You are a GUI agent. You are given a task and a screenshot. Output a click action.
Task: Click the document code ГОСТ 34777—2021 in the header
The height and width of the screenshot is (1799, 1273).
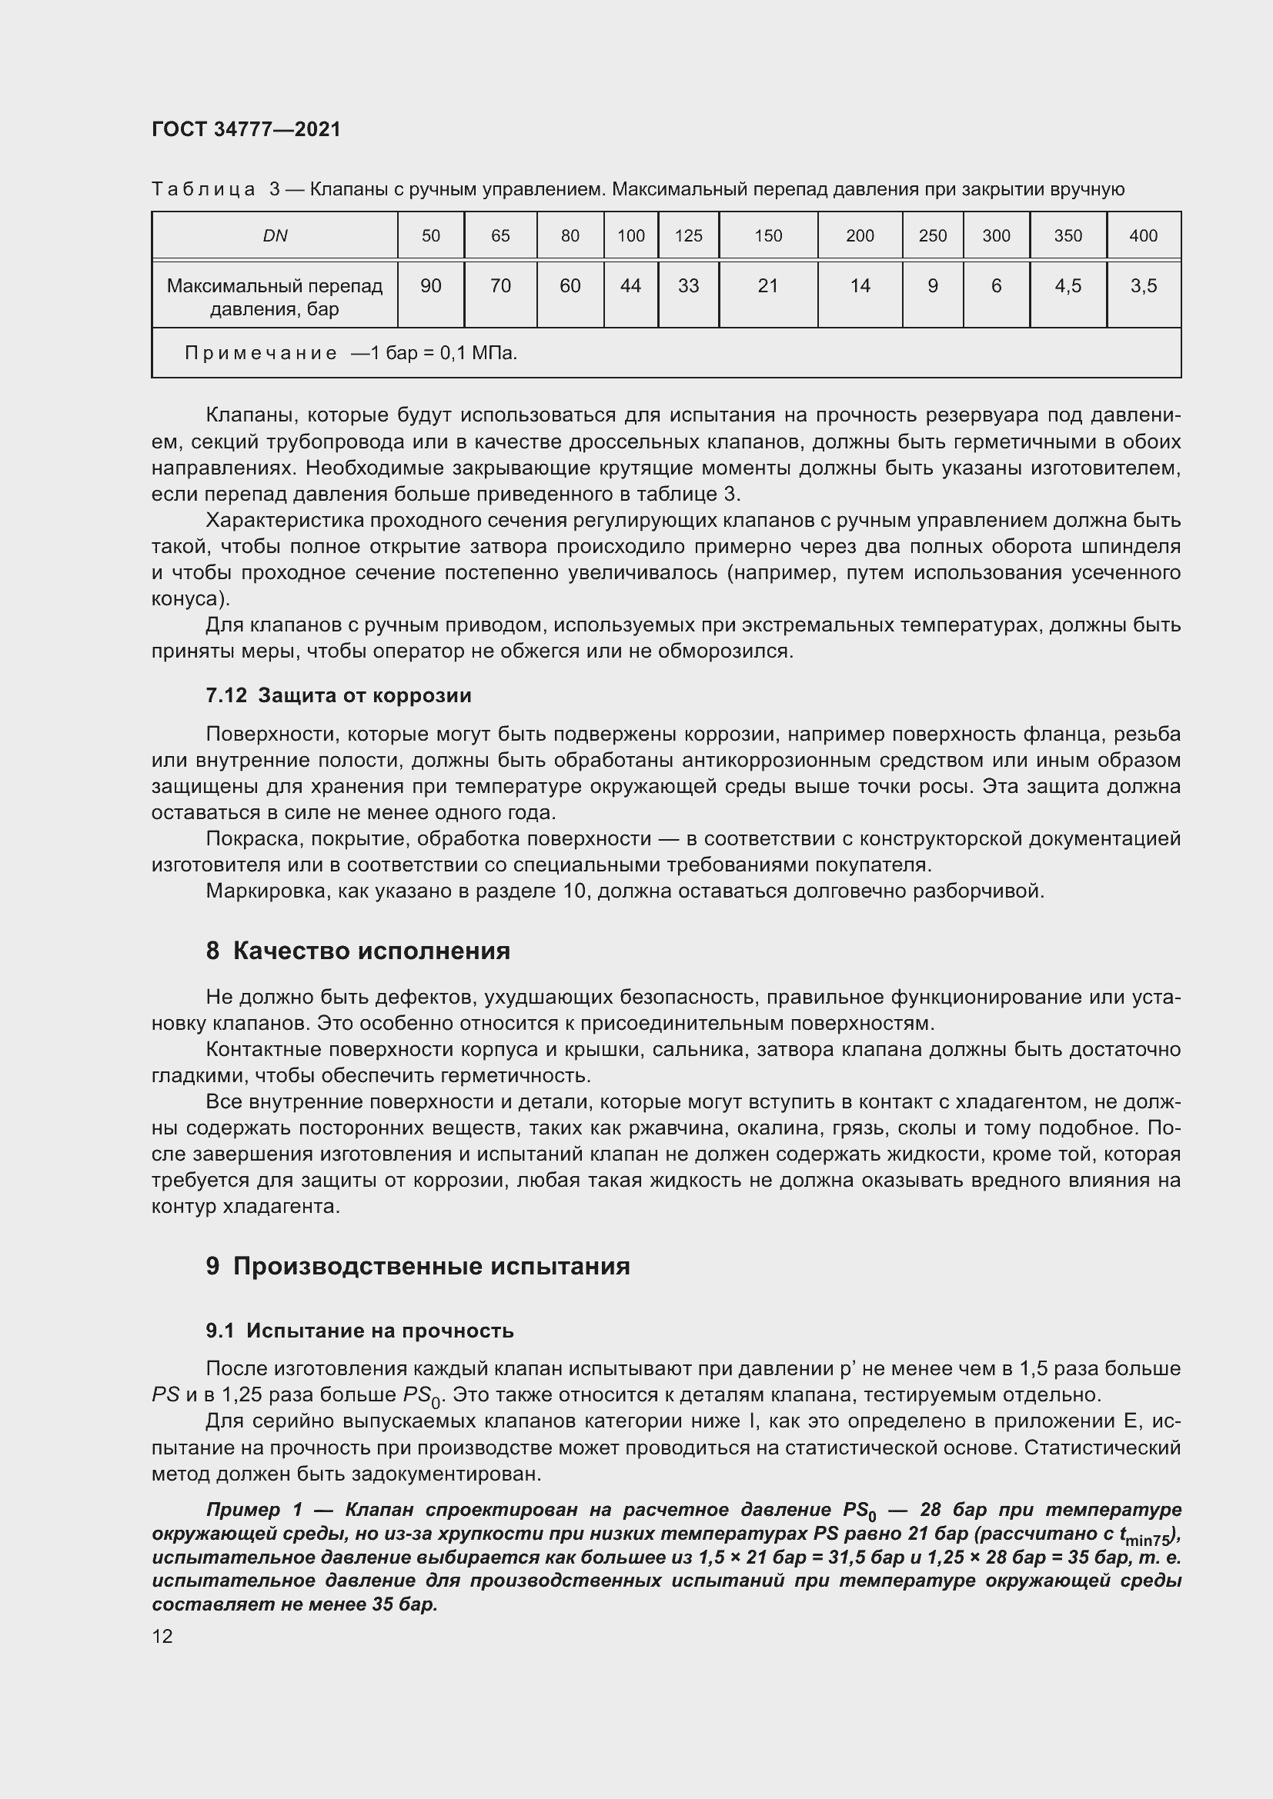click(x=246, y=129)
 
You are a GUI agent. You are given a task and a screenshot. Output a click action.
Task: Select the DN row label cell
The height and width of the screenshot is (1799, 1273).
click(x=275, y=236)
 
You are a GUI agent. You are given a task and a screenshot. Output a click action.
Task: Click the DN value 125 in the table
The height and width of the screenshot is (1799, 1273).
click(x=688, y=236)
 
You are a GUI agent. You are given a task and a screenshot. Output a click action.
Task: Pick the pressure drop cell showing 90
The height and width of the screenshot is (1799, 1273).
click(x=430, y=286)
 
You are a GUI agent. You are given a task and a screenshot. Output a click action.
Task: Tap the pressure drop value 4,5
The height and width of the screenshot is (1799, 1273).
click(x=1068, y=286)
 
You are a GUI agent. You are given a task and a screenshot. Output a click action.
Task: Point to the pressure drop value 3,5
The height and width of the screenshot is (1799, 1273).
click(x=1143, y=286)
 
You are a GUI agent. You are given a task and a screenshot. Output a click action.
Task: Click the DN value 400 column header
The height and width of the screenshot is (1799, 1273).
click(x=1143, y=236)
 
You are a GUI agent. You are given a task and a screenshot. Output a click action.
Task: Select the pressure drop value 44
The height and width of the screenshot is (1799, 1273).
click(x=630, y=286)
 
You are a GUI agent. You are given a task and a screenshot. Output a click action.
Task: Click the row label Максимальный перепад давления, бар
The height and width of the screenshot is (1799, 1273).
click(x=275, y=297)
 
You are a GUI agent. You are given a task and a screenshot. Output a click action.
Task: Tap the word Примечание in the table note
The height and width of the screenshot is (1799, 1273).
click(x=261, y=353)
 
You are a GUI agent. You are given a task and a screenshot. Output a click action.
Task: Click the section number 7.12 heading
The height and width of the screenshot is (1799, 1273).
click(x=226, y=696)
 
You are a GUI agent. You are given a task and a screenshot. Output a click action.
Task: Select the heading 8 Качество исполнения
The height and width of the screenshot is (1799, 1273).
click(x=357, y=951)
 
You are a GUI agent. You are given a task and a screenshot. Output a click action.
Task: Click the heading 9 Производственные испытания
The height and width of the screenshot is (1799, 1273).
click(x=418, y=1266)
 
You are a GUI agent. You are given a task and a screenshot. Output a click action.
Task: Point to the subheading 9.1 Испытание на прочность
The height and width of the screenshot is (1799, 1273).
click(x=359, y=1331)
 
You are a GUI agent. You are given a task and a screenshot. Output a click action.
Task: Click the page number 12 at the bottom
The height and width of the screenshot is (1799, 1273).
click(x=162, y=1636)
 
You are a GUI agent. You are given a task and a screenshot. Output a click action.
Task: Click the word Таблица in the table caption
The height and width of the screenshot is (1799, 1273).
click(x=203, y=190)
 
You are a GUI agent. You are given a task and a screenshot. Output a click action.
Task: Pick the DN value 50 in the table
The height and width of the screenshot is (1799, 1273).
click(x=430, y=236)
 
